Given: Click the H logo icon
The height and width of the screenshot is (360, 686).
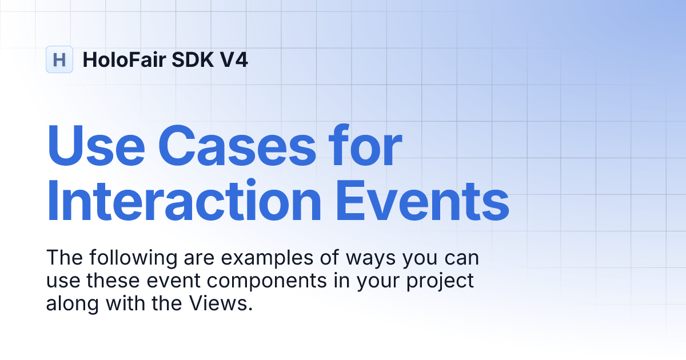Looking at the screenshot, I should (x=59, y=59).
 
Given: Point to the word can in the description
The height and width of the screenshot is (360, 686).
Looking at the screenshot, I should (x=462, y=259).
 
